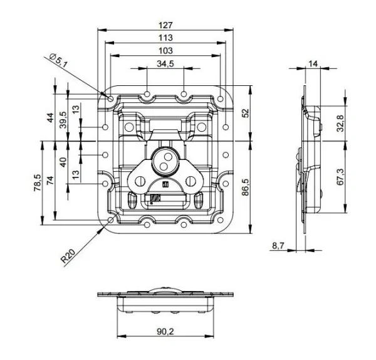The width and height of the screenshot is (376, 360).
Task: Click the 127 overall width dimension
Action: coord(165,26)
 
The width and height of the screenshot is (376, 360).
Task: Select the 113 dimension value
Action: coord(165,38)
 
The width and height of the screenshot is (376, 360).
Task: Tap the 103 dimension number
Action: coord(165,50)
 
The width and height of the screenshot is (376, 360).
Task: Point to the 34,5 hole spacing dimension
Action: coord(165,63)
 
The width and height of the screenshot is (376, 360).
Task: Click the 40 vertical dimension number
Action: coord(63,162)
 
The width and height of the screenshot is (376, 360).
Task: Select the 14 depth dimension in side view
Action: coord(313,63)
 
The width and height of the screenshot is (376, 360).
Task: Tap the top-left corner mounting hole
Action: coord(111,99)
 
